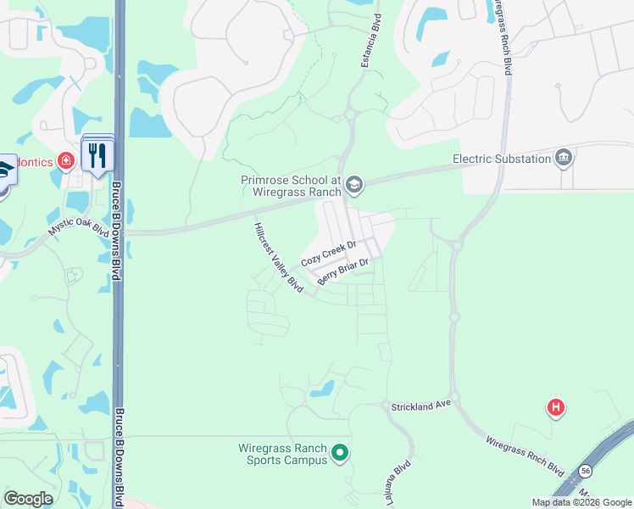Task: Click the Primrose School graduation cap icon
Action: (354, 184)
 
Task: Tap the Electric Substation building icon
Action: (563, 158)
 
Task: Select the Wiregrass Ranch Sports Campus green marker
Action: (340, 453)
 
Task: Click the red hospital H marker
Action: (556, 409)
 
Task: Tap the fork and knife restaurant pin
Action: (97, 156)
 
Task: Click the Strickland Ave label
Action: (420, 407)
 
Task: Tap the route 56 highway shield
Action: (586, 469)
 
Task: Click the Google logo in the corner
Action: (28, 499)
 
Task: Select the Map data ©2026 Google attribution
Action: (581, 502)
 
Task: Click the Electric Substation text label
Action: (501, 159)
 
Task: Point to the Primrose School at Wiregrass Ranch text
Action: (290, 186)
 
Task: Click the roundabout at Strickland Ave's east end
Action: (455, 397)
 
